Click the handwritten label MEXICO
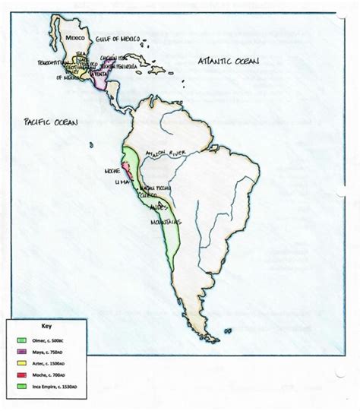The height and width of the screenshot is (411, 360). coord(76,36)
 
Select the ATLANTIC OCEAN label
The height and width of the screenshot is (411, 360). coord(227,59)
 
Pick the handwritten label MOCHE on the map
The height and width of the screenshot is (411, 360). coord(113,172)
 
